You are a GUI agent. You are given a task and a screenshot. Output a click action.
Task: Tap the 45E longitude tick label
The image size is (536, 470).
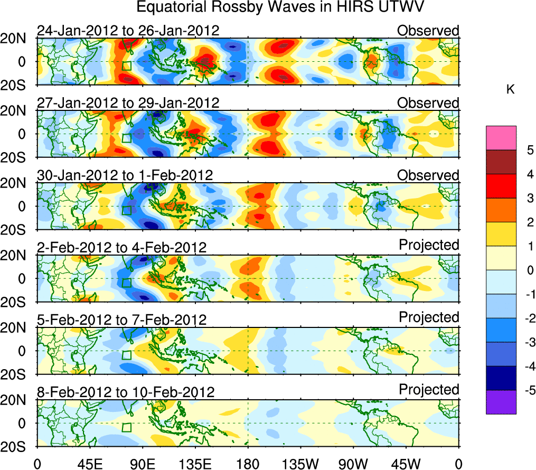pos(88,464)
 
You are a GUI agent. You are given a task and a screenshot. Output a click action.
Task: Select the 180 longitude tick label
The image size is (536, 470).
pos(248,464)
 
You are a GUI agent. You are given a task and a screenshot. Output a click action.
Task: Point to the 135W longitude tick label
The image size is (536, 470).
pos(300,464)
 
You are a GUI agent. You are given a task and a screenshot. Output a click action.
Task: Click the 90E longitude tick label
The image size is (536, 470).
pos(142,464)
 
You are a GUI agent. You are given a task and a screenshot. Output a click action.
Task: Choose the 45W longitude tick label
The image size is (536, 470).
pos(406,464)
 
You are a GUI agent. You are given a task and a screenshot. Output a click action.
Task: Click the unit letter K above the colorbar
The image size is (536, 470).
pos(510,90)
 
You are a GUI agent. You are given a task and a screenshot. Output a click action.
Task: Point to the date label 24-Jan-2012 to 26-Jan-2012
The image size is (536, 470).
pos(128,30)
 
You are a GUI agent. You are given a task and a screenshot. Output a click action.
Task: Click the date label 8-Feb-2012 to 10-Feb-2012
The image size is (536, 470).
pos(126,392)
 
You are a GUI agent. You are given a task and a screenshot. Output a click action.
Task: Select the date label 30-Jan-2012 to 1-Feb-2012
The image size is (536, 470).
pos(125,175)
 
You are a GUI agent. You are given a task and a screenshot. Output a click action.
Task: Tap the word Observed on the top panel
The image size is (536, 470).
pos(428,30)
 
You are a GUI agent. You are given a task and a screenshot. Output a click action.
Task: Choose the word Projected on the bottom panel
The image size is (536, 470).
pos(429,389)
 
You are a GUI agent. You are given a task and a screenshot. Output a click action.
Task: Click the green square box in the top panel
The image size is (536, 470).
pos(126,65)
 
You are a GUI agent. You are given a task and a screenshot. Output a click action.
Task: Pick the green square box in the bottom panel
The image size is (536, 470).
pos(126,427)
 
